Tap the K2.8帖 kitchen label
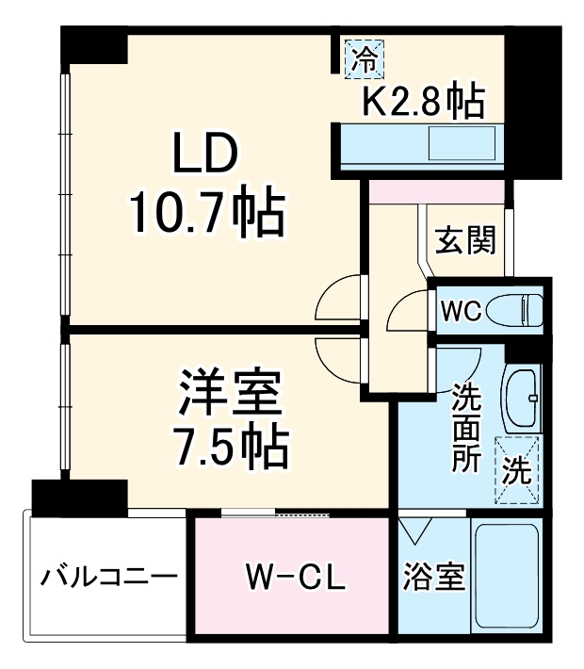click(x=424, y=100)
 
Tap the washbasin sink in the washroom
click(x=521, y=397)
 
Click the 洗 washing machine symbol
click(x=516, y=469)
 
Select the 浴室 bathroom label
click(x=434, y=576)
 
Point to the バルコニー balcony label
click(x=108, y=575)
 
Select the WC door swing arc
click(x=409, y=311)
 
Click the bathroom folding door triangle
click(x=414, y=533)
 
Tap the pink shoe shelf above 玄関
click(x=435, y=190)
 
